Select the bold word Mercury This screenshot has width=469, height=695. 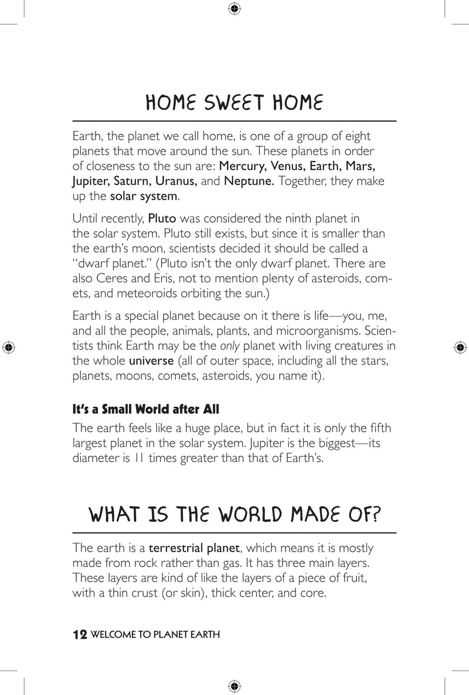pyautogui.click(x=242, y=166)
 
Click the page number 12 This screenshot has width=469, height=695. pyautogui.click(x=79, y=635)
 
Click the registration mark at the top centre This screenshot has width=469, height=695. pyautogui.click(x=234, y=9)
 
